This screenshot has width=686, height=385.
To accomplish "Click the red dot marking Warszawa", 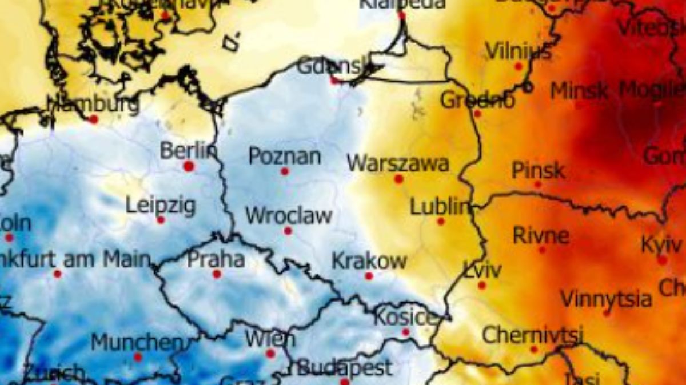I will click(x=398, y=179).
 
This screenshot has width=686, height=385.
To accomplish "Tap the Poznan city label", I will click(x=285, y=156).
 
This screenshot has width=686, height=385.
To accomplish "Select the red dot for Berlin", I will click(x=189, y=166).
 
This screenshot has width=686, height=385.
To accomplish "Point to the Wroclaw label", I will click(x=289, y=216).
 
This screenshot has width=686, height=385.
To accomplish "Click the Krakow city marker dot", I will click(x=369, y=276).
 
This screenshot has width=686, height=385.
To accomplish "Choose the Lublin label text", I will click(x=439, y=207).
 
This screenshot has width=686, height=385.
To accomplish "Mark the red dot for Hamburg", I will click(x=93, y=119).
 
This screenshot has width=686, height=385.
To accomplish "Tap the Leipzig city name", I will click(x=161, y=205).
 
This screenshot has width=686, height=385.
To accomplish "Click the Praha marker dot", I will click(x=217, y=274).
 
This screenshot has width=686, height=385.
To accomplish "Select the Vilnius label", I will click(x=519, y=51).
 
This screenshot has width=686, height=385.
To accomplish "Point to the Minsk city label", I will click(x=579, y=90).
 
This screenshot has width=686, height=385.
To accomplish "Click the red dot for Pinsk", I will click(x=537, y=184).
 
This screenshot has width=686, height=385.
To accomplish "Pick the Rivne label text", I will click(x=541, y=235).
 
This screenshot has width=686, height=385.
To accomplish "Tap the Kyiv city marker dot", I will click(x=662, y=260).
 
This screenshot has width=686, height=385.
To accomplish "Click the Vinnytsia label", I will click(x=606, y=299).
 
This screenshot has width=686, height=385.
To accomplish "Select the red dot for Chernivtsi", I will click(x=534, y=349).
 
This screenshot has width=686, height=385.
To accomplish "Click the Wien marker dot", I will click(x=270, y=354).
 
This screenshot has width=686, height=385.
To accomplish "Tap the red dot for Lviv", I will click(x=482, y=285).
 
